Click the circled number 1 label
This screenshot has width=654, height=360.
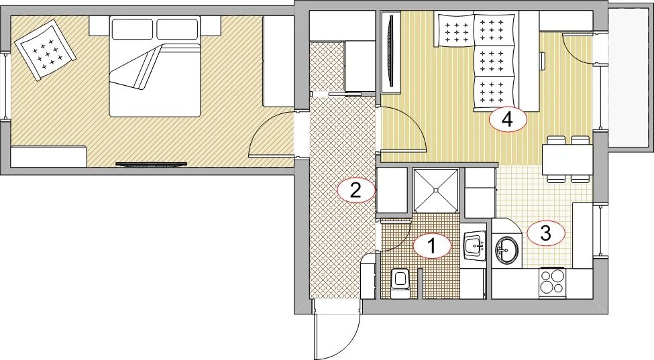(x=432, y=246)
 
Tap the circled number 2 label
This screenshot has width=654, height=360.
(x=356, y=190)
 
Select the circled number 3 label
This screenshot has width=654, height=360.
(x=546, y=233)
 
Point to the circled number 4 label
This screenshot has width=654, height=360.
(x=508, y=120)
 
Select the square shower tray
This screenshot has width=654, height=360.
(x=435, y=189)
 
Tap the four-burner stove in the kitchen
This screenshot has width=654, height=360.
(x=552, y=282)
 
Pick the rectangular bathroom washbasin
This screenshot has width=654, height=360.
(x=475, y=247)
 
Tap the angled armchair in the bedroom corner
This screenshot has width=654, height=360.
(x=45, y=50)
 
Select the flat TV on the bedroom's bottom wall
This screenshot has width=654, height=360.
(x=150, y=165)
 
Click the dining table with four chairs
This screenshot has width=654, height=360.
(x=567, y=159)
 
